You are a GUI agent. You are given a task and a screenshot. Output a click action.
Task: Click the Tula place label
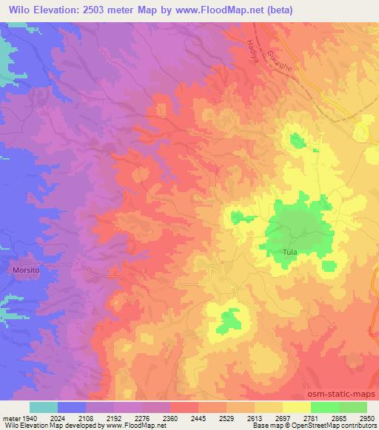[289, 253]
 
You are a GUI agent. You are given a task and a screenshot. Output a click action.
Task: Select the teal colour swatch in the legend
[44, 407]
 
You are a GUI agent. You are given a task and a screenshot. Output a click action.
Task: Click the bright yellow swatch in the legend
[297, 407]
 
